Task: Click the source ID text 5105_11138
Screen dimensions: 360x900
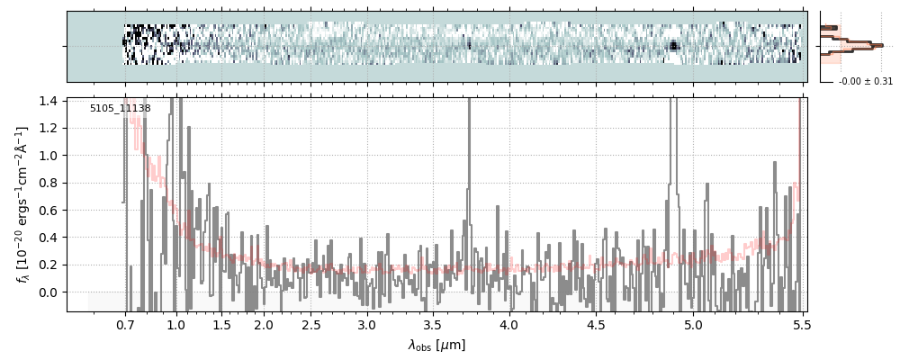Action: click(120, 109)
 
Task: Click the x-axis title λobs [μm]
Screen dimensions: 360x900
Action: click(436, 345)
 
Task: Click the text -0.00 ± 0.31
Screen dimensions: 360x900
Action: click(865, 82)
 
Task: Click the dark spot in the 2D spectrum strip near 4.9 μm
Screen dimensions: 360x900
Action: click(672, 45)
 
